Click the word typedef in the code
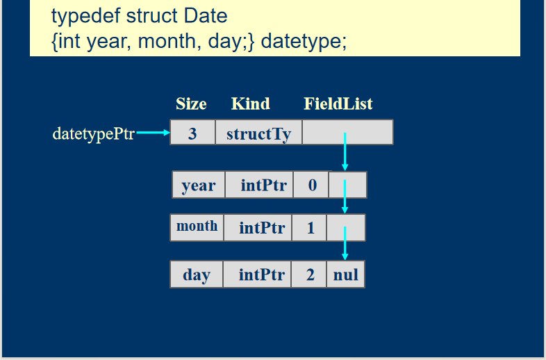coord(85,17)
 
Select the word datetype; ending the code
coord(304,42)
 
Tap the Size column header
coord(191,104)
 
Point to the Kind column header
coord(250,104)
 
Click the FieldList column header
coord(338,104)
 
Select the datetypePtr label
coord(93,134)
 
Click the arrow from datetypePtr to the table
coord(154,133)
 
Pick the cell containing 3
coord(192,132)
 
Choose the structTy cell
coord(258,132)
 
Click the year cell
coord(199,185)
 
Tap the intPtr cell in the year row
coord(259,185)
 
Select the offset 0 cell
coord(311,185)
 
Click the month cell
coord(197,227)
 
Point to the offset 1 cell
coord(309,227)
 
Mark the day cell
coord(197,275)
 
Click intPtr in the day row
coord(257,275)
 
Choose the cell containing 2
coord(309,275)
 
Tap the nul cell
coord(346,275)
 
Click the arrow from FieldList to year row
coord(345,152)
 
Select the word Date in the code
coord(206,17)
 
